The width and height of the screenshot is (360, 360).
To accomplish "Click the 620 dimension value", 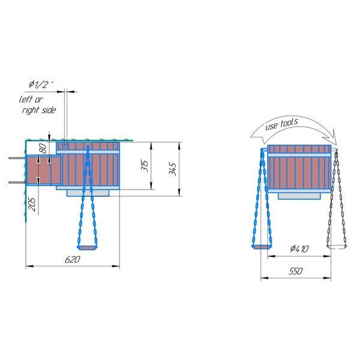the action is tap(73, 259).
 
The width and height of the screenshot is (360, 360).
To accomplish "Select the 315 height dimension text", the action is tap(145, 166).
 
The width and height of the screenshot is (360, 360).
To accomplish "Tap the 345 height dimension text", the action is tap(172, 169).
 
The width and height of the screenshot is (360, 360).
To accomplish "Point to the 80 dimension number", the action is tap(43, 149).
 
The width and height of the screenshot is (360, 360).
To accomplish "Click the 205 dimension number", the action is tap(32, 205).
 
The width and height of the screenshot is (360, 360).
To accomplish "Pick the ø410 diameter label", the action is tap(299, 248).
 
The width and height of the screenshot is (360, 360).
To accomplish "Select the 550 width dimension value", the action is tap(296, 271).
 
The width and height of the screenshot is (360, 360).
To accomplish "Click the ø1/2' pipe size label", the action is tap(41, 85).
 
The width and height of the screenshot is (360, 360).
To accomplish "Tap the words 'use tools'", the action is tap(281, 124).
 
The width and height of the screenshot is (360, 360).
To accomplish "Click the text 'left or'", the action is tap(31, 100).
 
